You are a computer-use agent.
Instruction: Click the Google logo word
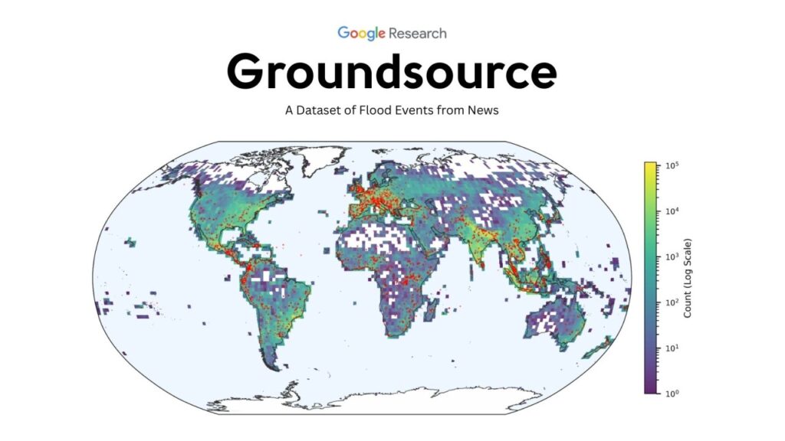(361, 33)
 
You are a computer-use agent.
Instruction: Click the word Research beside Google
(417, 33)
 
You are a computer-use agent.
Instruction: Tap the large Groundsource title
(392, 72)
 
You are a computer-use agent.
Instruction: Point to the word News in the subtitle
(482, 110)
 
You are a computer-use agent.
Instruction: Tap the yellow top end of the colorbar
(650, 165)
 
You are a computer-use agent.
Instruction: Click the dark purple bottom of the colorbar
(650, 390)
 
